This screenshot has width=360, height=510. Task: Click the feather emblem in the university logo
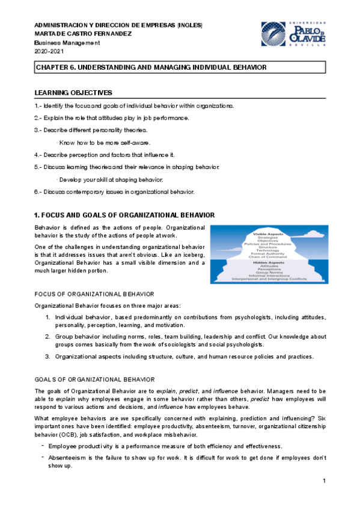(x=273, y=34)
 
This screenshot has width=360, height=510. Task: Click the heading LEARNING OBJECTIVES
(x=73, y=93)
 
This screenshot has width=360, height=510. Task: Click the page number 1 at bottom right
(x=324, y=481)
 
